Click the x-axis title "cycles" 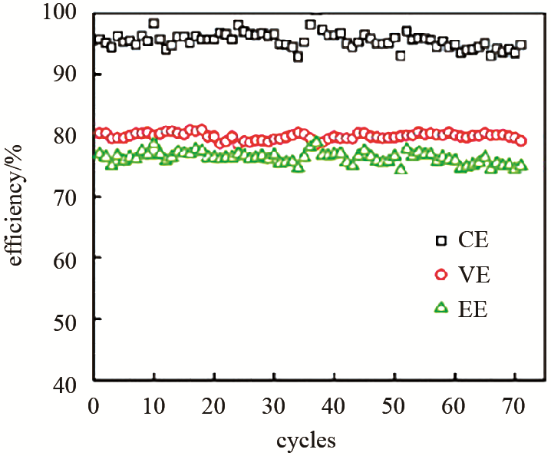306,441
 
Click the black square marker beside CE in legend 440,240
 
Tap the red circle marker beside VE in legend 440,274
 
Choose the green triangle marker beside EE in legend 440,308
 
